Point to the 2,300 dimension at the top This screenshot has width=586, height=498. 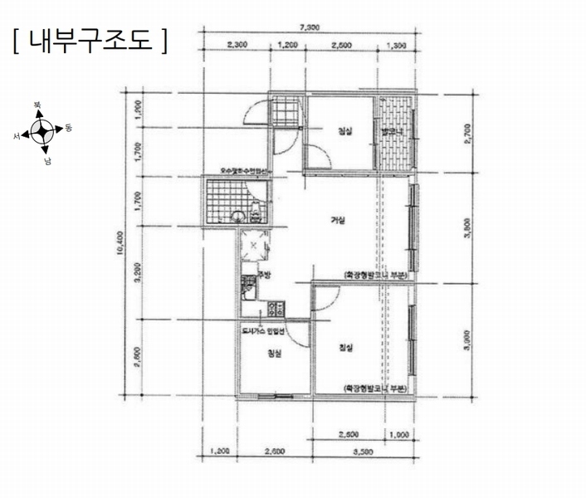click(237, 46)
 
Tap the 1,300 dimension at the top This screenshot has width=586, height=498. click(397, 46)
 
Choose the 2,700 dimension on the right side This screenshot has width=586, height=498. click(470, 133)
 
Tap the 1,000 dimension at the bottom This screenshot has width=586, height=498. click(398, 434)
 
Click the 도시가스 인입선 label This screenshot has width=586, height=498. click(262, 331)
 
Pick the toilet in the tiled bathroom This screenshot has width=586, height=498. click(240, 216)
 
